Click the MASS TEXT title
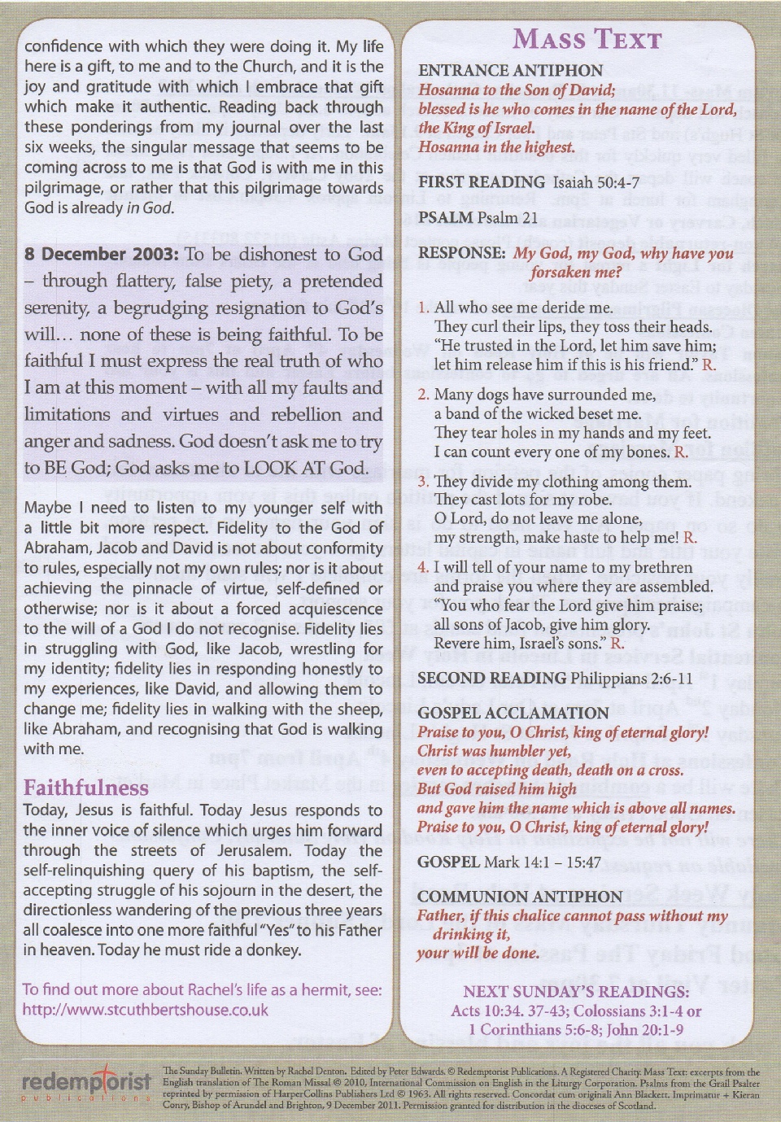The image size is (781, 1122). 587,39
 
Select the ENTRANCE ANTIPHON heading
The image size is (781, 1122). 510,71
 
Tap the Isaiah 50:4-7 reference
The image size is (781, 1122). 596,182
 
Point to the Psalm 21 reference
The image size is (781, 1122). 507,217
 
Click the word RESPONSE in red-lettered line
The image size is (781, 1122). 461,253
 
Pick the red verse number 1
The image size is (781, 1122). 423,308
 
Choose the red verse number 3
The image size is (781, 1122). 423,482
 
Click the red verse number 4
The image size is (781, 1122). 423,567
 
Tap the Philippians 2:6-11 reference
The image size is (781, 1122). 631,679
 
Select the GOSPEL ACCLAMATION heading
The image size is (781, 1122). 513,713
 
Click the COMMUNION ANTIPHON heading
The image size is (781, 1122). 519,897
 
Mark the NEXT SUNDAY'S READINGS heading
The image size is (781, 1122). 576,991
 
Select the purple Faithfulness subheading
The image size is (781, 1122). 85,788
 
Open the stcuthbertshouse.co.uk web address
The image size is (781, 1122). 146,1010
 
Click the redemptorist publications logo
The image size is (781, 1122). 86,1084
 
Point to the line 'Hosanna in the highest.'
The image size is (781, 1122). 496,147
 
